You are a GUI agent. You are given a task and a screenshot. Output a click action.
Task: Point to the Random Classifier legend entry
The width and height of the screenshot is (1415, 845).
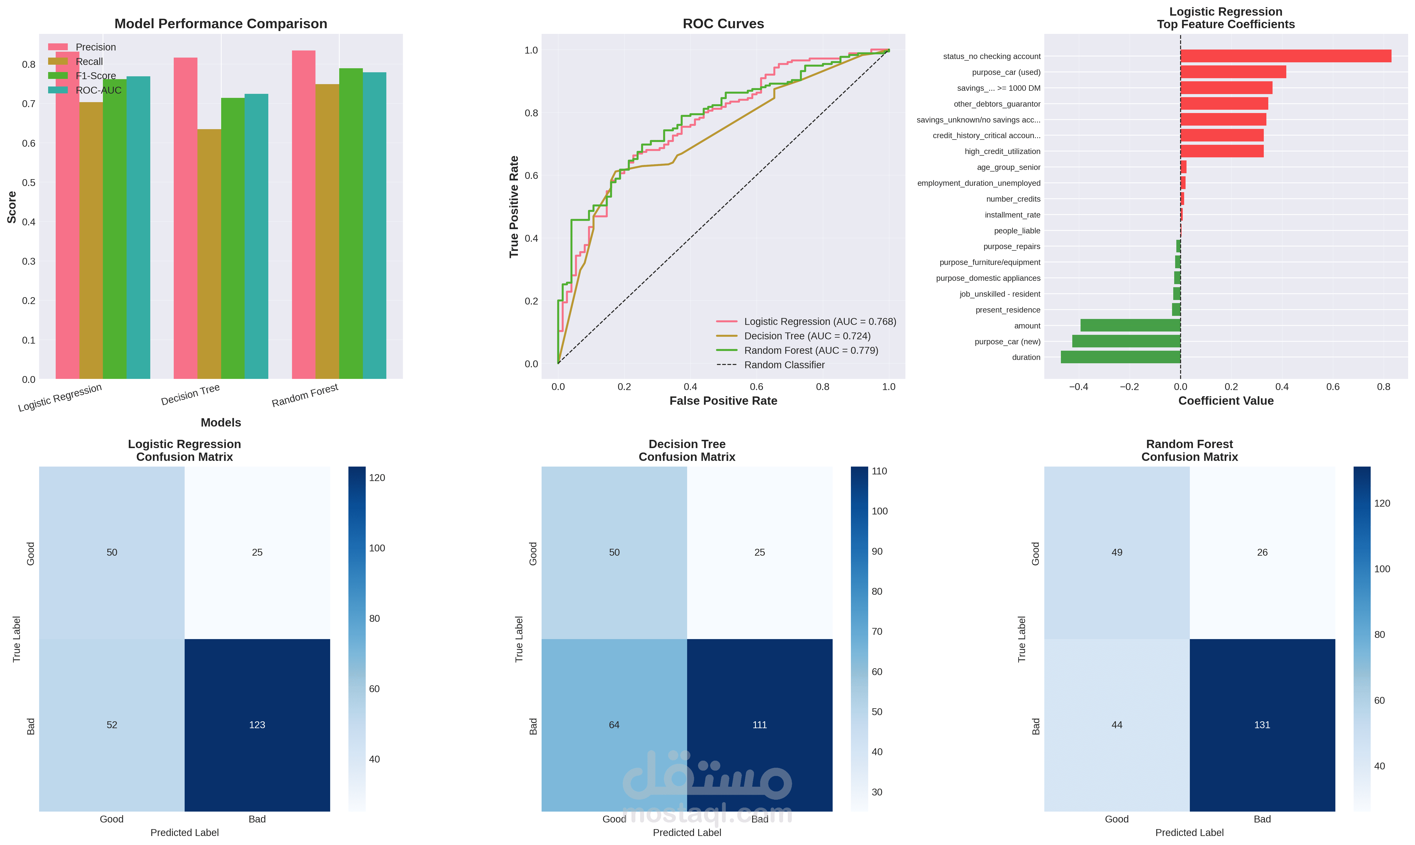pos(784,365)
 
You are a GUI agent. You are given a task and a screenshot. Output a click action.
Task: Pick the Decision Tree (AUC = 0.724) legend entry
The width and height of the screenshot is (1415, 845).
pos(807,336)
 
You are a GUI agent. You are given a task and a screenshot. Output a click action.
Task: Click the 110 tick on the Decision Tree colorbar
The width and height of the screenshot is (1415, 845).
pos(879,471)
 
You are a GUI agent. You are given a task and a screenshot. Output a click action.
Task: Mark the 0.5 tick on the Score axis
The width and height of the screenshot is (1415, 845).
pos(28,183)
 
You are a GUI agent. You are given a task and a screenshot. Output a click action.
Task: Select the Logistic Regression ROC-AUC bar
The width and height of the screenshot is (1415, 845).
pos(138,228)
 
